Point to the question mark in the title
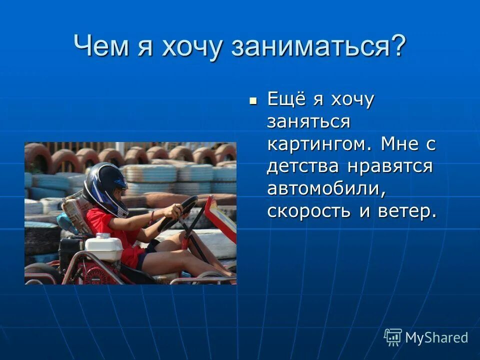[397, 46]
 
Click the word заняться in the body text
[308, 121]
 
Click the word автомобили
[326, 188]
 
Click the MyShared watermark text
[436, 337]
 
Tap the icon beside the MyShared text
[393, 337]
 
